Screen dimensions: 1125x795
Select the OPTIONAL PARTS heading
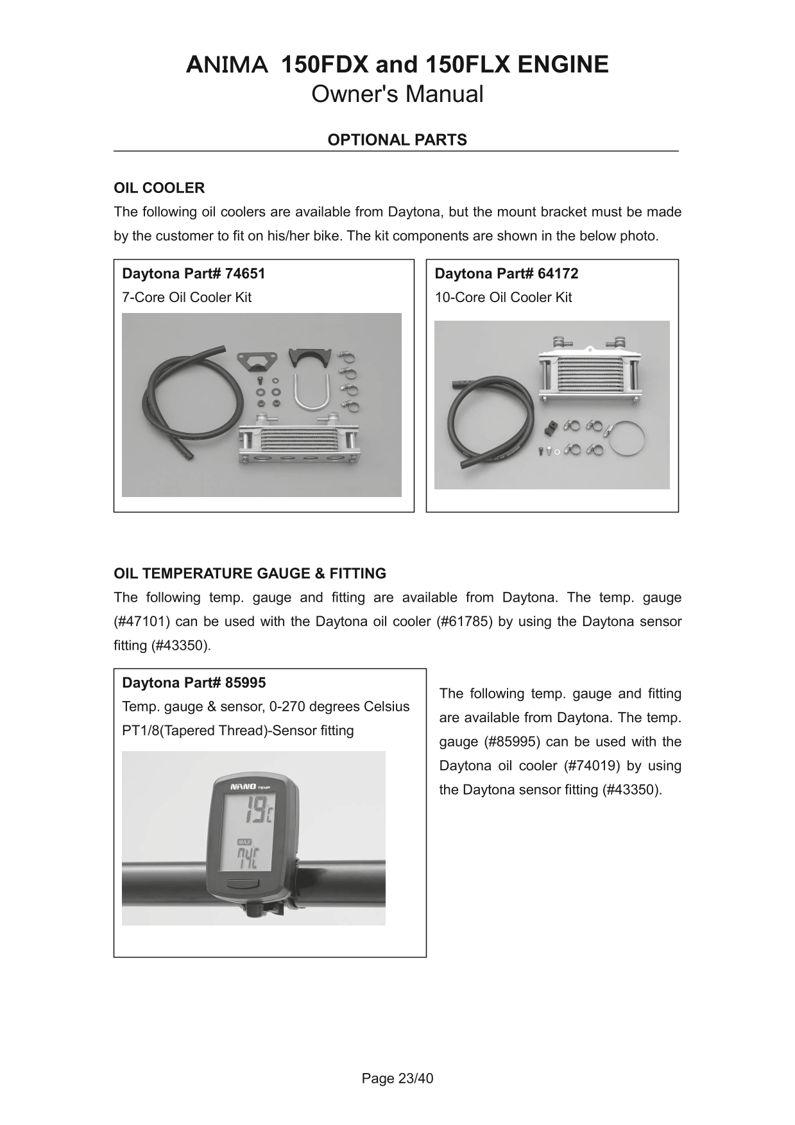[x=397, y=140]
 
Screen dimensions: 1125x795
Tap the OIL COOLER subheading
[x=159, y=188]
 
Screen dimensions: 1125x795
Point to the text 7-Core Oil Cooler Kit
[x=187, y=298]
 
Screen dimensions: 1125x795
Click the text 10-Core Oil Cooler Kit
[x=503, y=298]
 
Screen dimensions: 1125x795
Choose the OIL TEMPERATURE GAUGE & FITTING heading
[x=250, y=573]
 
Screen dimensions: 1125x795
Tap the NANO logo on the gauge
[x=243, y=786]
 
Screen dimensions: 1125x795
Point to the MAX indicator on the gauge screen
[x=244, y=842]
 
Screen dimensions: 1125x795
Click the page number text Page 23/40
[x=397, y=1079]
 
